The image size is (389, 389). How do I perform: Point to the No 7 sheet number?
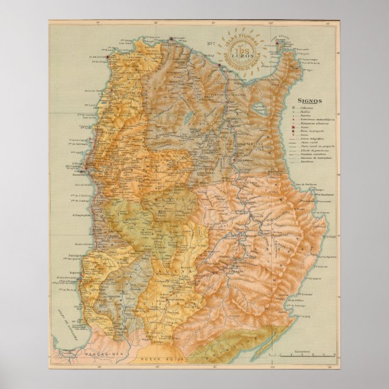tap(211, 43)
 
